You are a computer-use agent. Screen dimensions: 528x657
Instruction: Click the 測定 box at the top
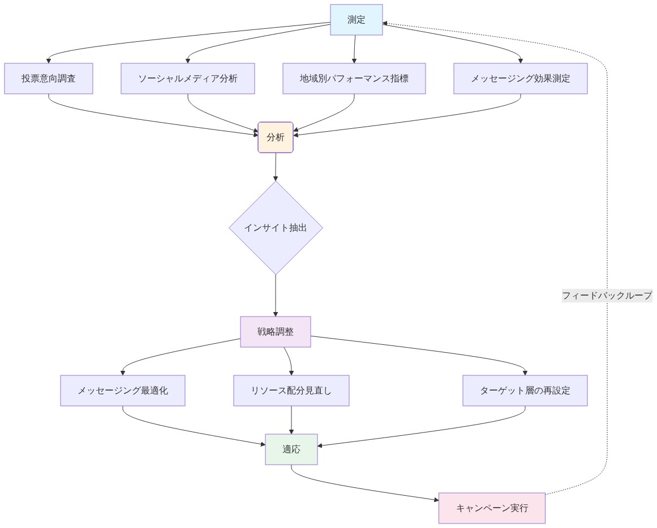(x=356, y=20)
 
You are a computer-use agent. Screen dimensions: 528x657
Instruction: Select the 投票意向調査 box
(x=49, y=79)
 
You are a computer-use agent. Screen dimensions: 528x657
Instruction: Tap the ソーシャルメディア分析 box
(x=188, y=79)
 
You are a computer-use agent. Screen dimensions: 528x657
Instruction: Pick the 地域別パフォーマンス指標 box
(x=354, y=79)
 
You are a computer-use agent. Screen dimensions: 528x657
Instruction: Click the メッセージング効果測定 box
(x=521, y=79)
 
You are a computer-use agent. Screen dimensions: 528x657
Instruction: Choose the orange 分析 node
(x=276, y=137)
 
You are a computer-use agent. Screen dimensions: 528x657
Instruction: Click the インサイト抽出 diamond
(x=276, y=228)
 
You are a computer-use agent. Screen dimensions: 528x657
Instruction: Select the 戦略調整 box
(x=276, y=332)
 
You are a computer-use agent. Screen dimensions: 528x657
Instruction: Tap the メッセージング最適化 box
(x=123, y=391)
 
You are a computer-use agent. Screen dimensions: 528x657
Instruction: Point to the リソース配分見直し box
(x=291, y=391)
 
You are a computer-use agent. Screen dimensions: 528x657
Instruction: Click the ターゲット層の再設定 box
(x=525, y=391)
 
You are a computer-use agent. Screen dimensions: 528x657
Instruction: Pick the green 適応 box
(x=291, y=449)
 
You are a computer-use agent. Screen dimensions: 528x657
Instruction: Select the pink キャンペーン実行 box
(x=492, y=508)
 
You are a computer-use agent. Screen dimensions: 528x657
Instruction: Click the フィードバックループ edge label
(x=607, y=295)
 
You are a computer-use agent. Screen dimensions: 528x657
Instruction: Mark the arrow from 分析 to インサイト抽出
(x=276, y=167)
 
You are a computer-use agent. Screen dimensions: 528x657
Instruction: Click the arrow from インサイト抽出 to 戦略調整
(x=276, y=295)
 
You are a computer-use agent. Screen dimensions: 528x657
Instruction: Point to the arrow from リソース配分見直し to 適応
(x=291, y=419)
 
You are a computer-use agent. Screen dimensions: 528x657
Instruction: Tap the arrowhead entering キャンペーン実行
(x=435, y=499)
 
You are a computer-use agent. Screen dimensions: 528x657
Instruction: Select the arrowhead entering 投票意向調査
(x=49, y=60)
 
